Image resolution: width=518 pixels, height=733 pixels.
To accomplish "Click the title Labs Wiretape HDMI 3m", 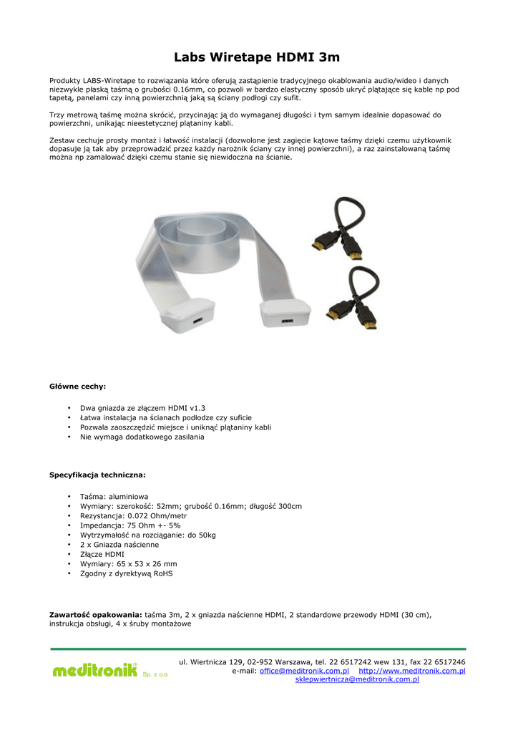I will coord(258,57).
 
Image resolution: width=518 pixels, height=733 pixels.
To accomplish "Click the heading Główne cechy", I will coord(77,387).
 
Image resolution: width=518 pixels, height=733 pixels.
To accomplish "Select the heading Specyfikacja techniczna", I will coord(97,475).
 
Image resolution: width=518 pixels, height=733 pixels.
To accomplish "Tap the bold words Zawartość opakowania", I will coord(95,615).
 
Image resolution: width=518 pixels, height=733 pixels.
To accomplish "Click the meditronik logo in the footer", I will coord(94,671).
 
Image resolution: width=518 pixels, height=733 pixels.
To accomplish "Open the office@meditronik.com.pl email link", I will coord(304,671).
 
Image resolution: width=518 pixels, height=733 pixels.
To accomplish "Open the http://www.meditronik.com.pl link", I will coord(411,671).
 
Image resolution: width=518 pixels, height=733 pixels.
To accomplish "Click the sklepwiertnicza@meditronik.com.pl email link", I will coord(357,680).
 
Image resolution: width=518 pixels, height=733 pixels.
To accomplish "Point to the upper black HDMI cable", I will coord(338,229).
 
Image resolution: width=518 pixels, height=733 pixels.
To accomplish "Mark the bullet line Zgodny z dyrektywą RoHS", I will coord(126,573).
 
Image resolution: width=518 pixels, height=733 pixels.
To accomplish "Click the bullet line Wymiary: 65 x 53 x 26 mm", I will coord(128,564).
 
